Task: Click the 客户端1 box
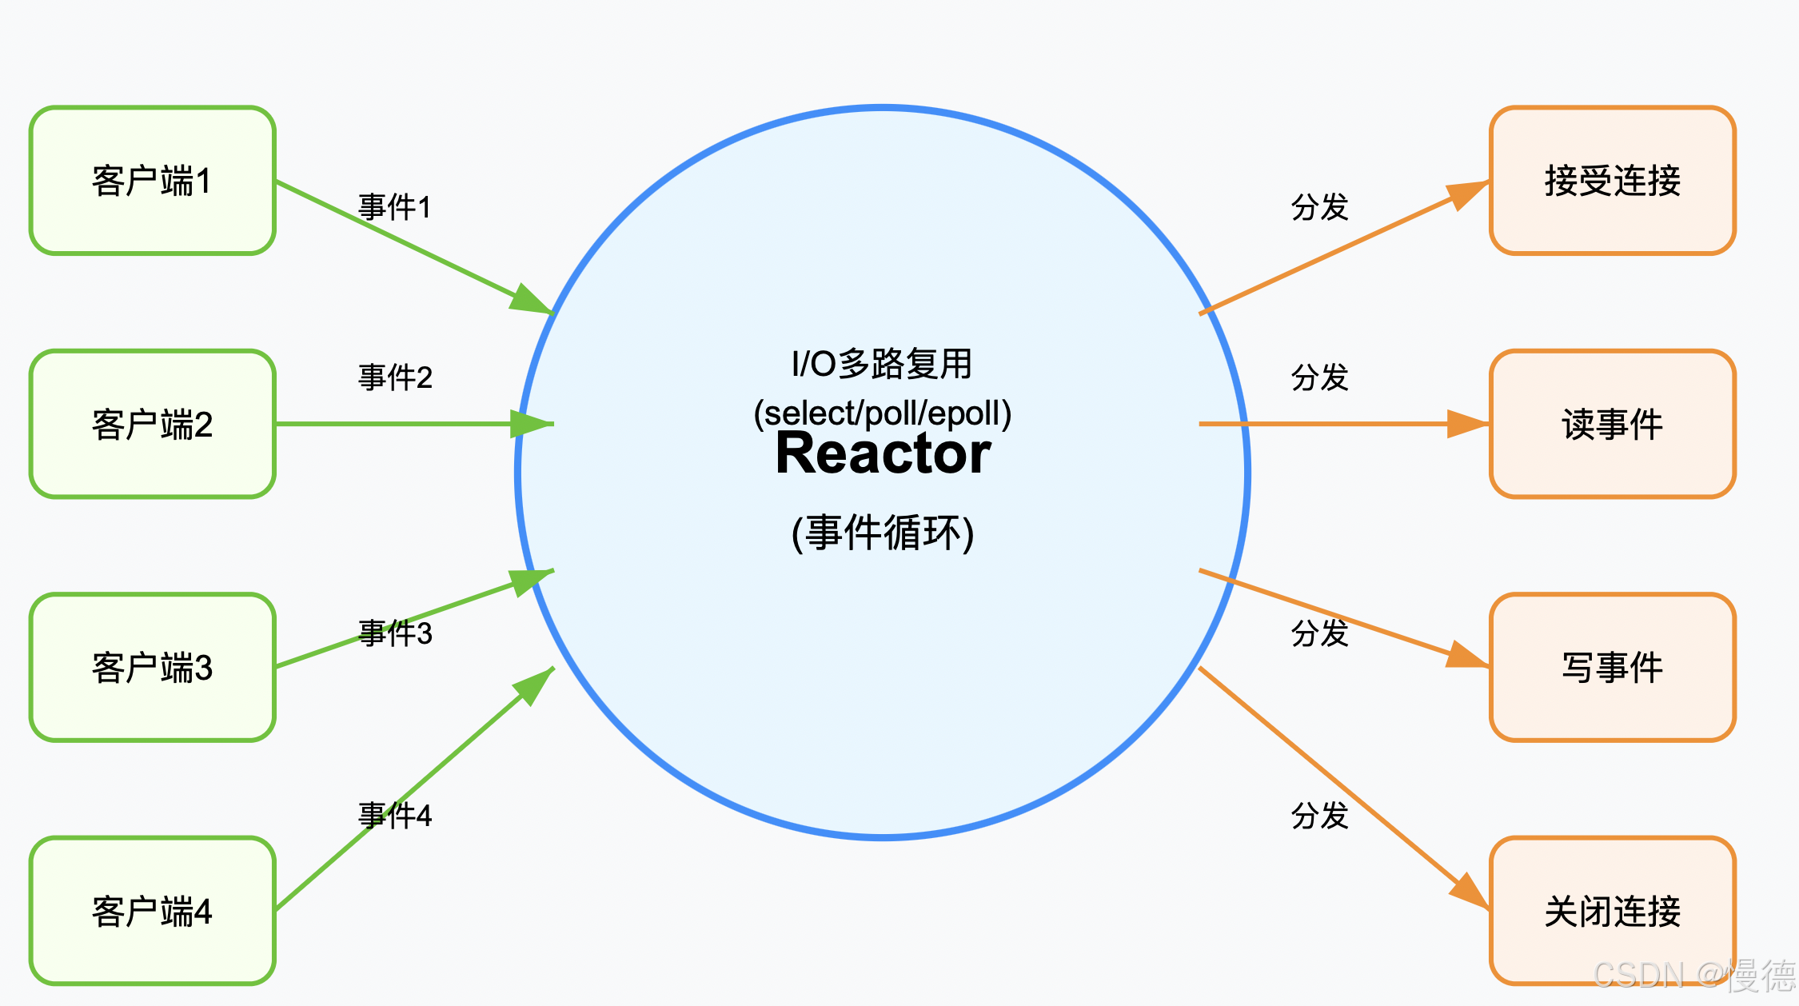point(152,181)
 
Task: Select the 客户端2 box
point(152,424)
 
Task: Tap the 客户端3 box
point(152,667)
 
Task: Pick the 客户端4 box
point(152,911)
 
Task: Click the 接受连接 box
point(1612,181)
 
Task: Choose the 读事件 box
point(1612,424)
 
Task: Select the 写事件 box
point(1612,667)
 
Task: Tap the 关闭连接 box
point(1612,911)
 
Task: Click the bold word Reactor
point(883,453)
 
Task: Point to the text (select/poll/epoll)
point(883,413)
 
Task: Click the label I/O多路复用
point(883,364)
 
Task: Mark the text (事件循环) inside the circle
point(883,533)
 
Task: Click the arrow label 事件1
point(395,207)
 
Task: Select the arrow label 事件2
point(395,377)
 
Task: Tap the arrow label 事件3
point(395,633)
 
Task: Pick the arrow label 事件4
point(395,816)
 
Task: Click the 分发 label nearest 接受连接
point(1319,207)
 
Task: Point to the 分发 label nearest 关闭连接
point(1319,816)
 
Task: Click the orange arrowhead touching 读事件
point(1467,424)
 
